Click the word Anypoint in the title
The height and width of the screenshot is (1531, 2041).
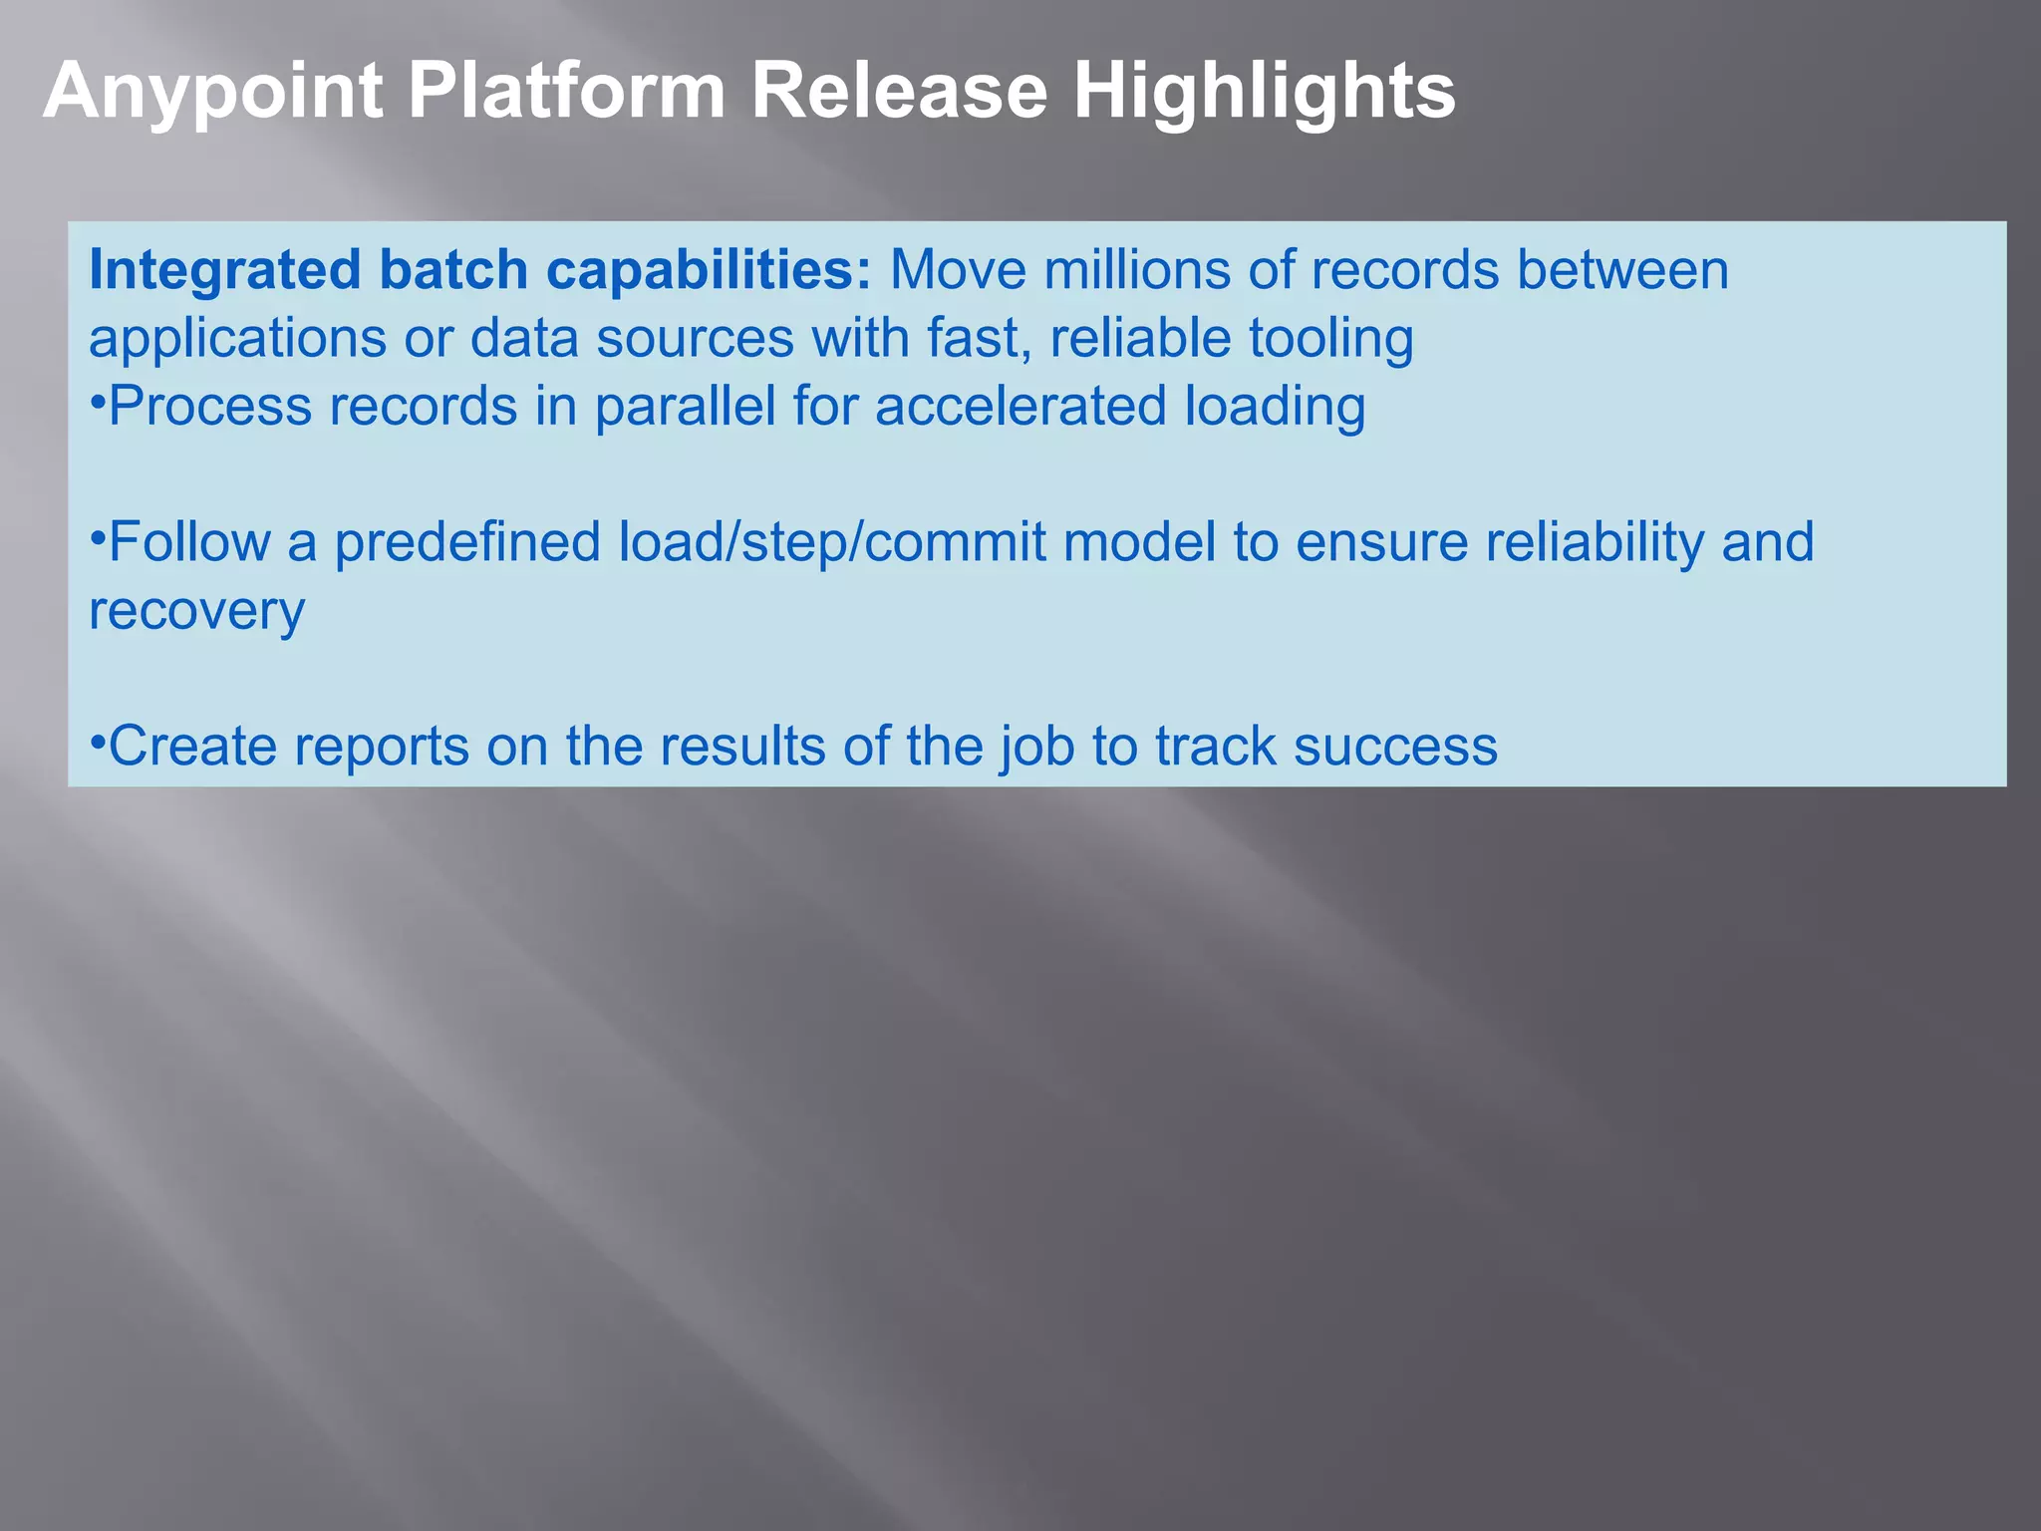212,92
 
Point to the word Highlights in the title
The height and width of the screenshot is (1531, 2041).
1264,92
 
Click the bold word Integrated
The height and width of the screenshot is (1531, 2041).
225,271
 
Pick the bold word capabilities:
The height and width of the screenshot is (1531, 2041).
709,271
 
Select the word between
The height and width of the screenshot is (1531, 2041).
1622,271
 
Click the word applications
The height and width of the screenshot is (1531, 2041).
237,339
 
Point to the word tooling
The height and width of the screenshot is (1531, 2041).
1331,339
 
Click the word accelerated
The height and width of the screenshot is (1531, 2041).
1020,407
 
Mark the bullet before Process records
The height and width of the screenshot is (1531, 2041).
98,403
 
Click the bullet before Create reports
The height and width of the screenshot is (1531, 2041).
98,743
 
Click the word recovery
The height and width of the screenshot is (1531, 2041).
196,612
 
